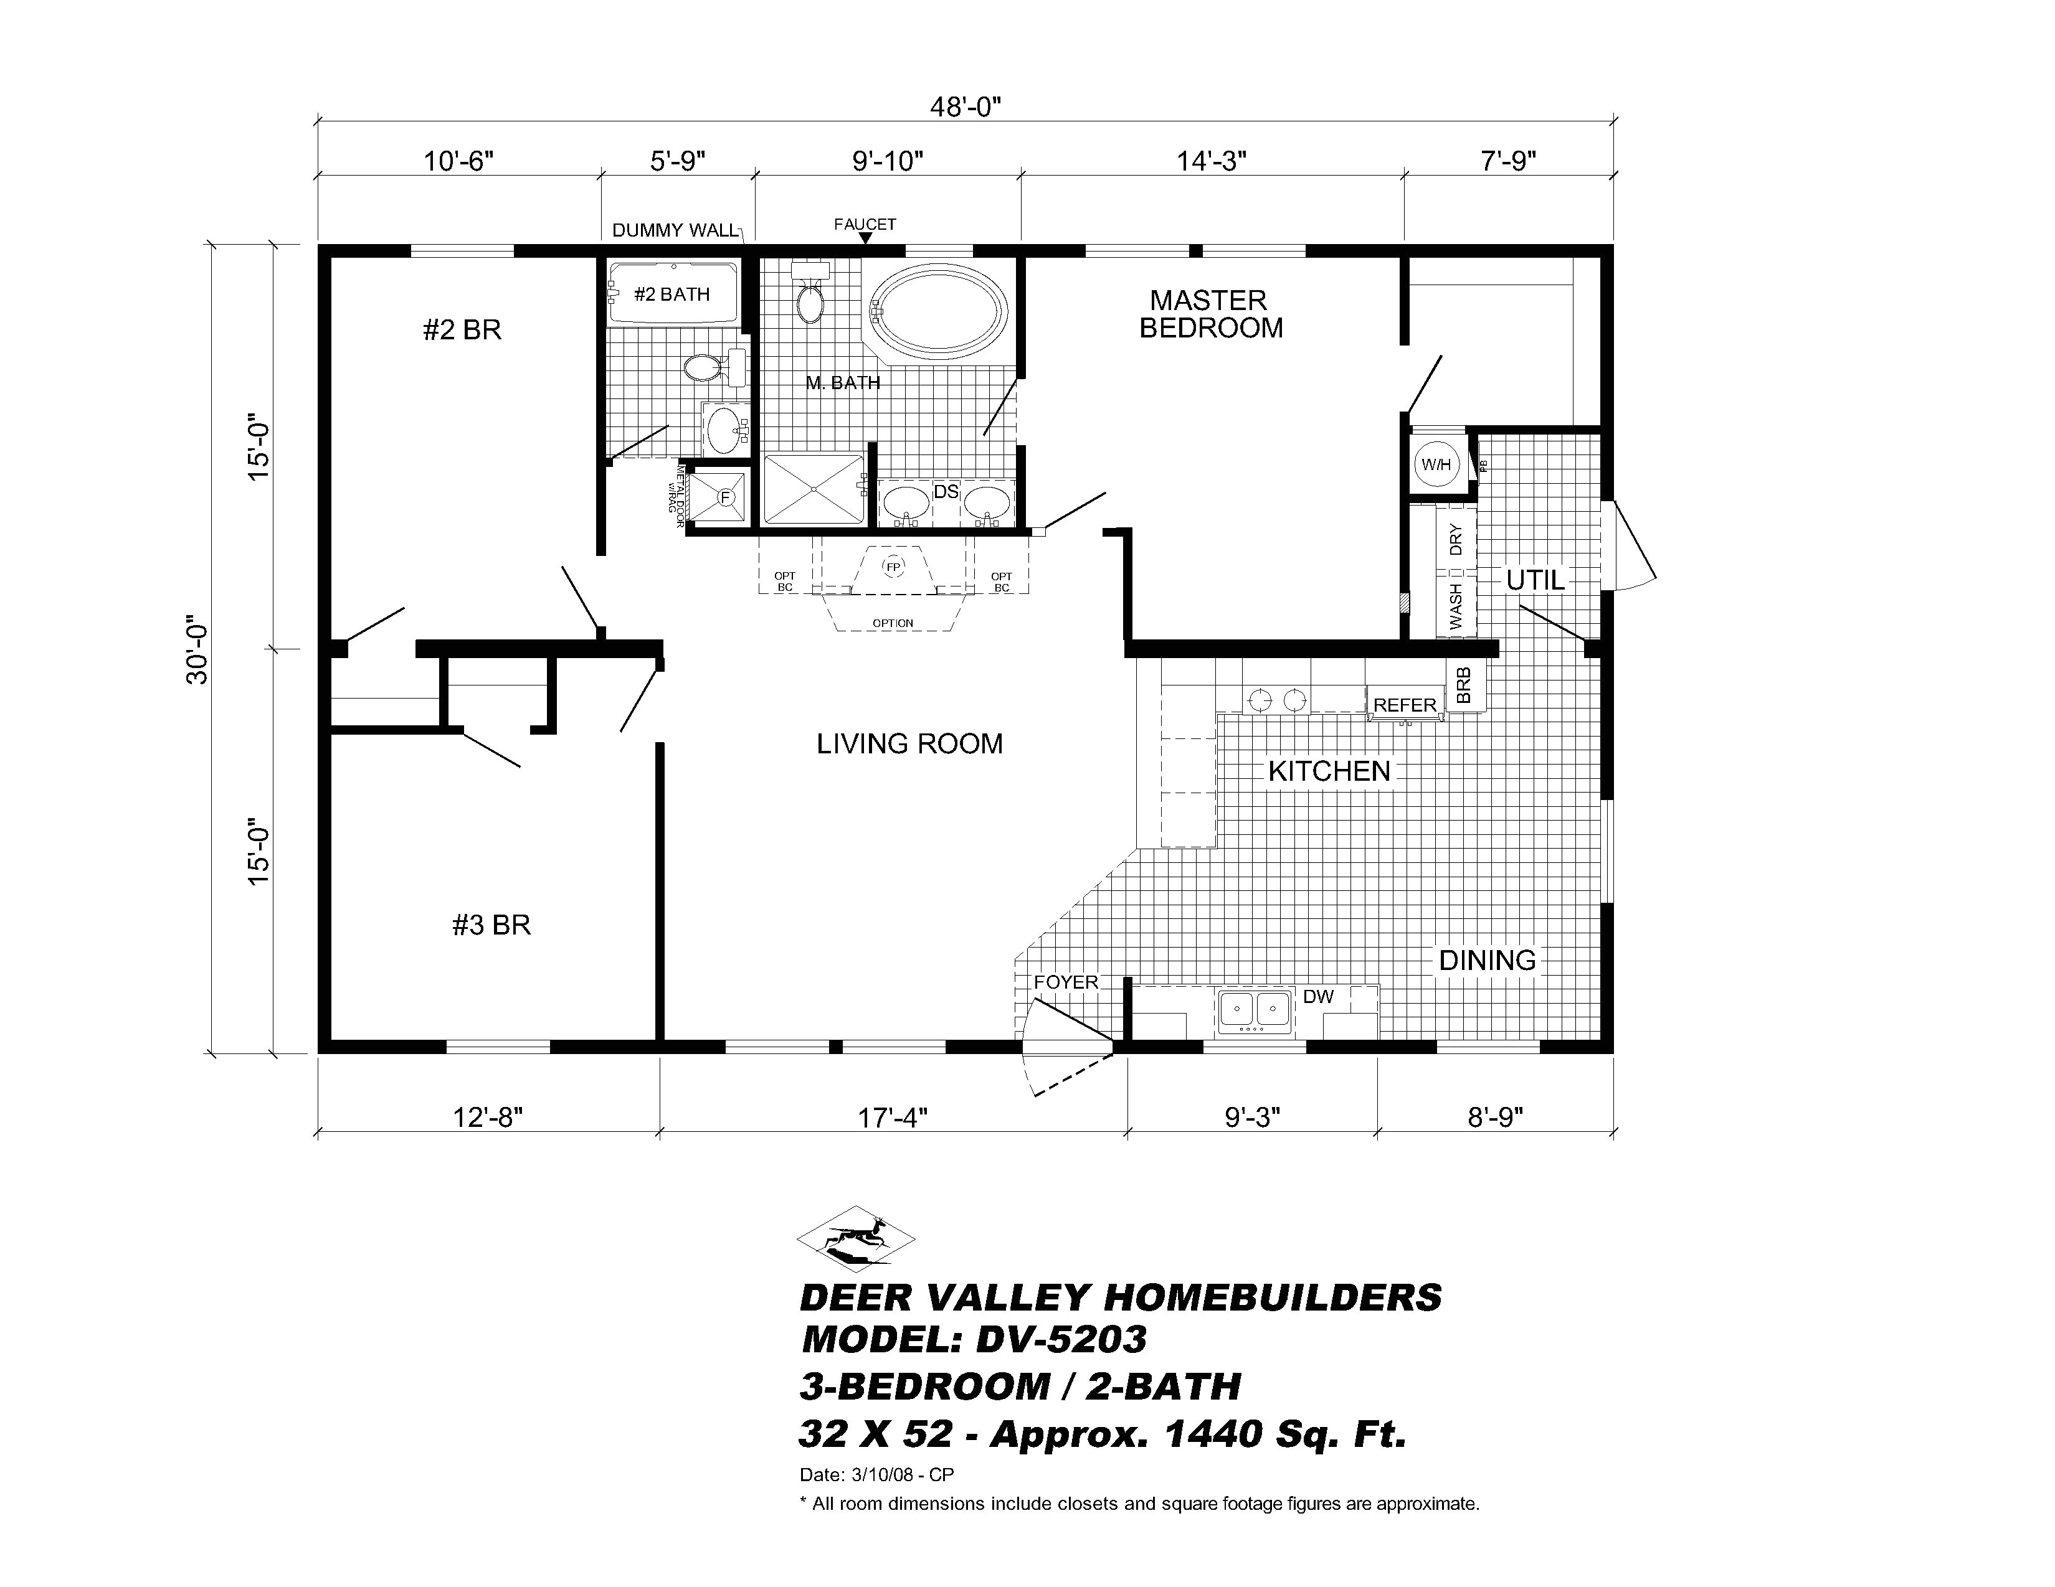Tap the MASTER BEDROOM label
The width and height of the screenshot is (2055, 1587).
tap(1210, 314)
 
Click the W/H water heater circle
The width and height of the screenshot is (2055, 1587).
tap(1436, 464)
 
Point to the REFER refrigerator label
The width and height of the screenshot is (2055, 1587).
tap(1405, 705)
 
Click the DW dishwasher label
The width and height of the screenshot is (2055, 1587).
tap(1318, 996)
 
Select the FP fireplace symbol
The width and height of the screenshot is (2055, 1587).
tap(892, 567)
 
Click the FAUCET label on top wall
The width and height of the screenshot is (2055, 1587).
tap(865, 224)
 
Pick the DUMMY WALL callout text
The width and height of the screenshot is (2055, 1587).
tap(675, 230)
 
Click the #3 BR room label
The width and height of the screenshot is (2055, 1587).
tap(491, 925)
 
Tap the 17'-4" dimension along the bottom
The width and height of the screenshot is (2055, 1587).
tap(892, 1118)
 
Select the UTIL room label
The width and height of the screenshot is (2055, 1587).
tap(1535, 580)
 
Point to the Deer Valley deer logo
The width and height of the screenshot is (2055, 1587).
tap(855, 1239)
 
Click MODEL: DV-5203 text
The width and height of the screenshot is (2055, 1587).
tap(974, 1339)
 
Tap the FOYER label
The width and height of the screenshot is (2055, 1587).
tap(1065, 982)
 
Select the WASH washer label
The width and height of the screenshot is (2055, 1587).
tap(1456, 607)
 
